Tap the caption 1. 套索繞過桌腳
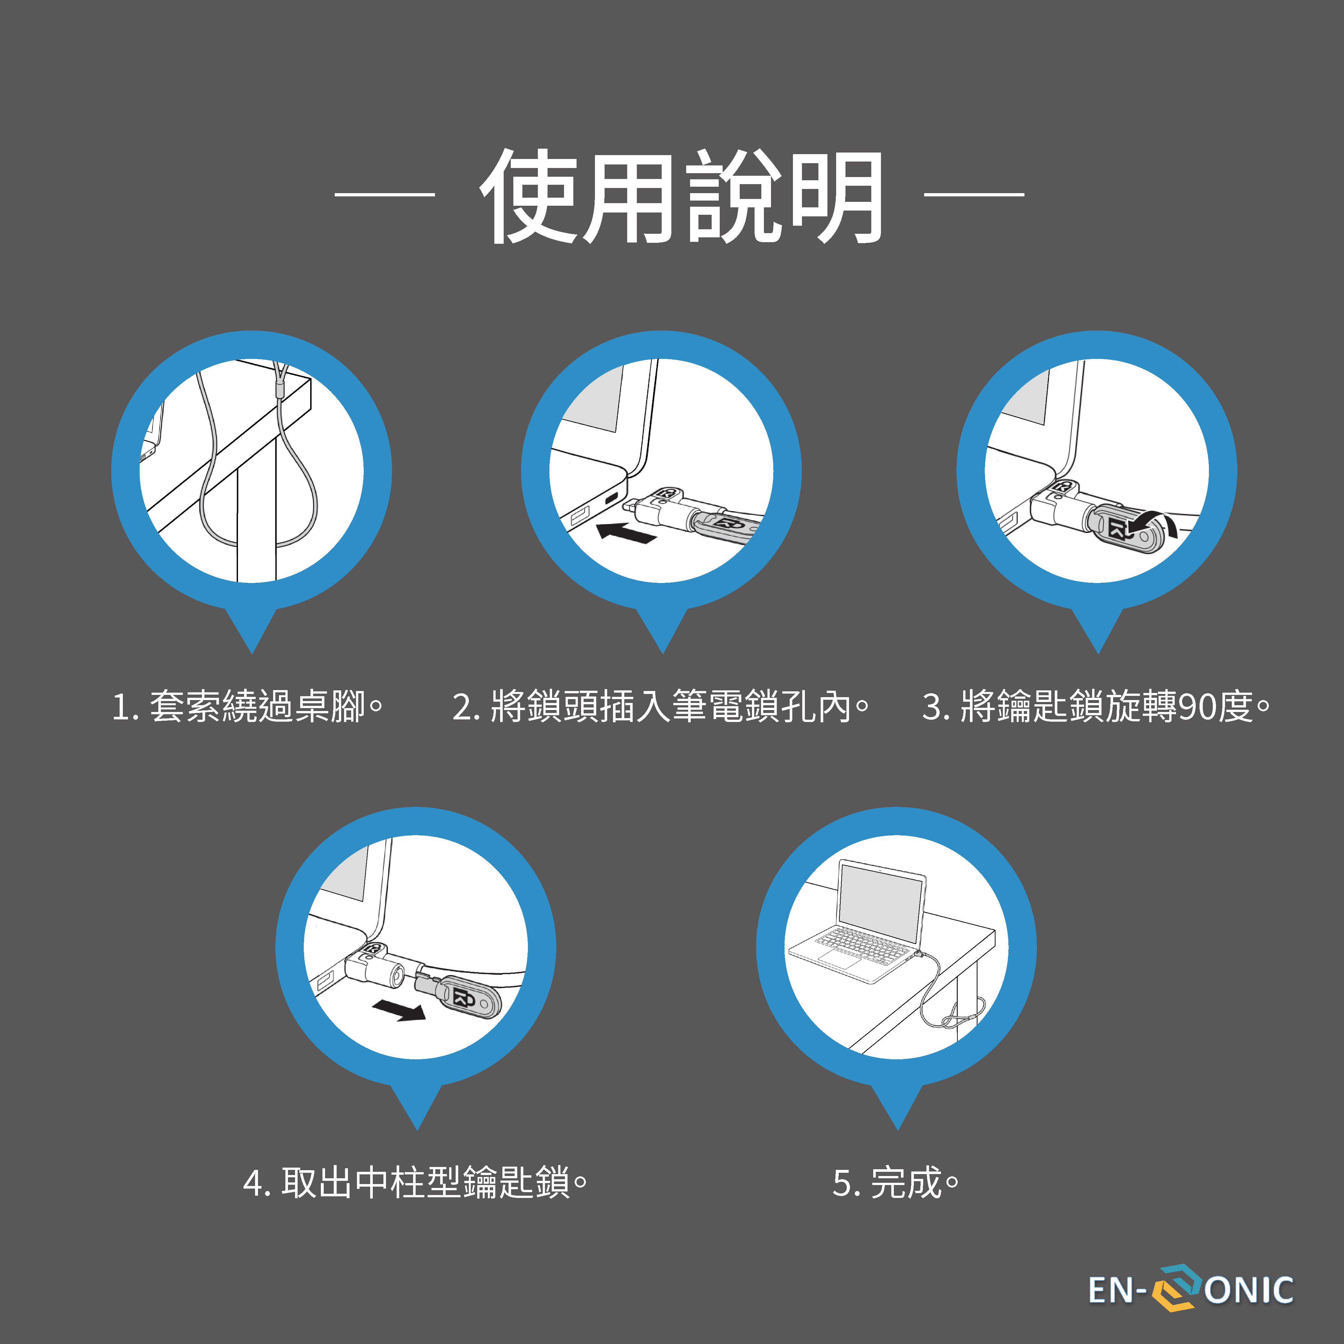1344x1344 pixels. pyautogui.click(x=247, y=706)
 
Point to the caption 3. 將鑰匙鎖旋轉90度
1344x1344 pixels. pyautogui.click(x=1096, y=706)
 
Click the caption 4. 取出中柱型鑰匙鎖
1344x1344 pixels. pyautogui.click(x=415, y=1182)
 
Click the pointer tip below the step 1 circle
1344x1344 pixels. pyautogui.click(x=252, y=653)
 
